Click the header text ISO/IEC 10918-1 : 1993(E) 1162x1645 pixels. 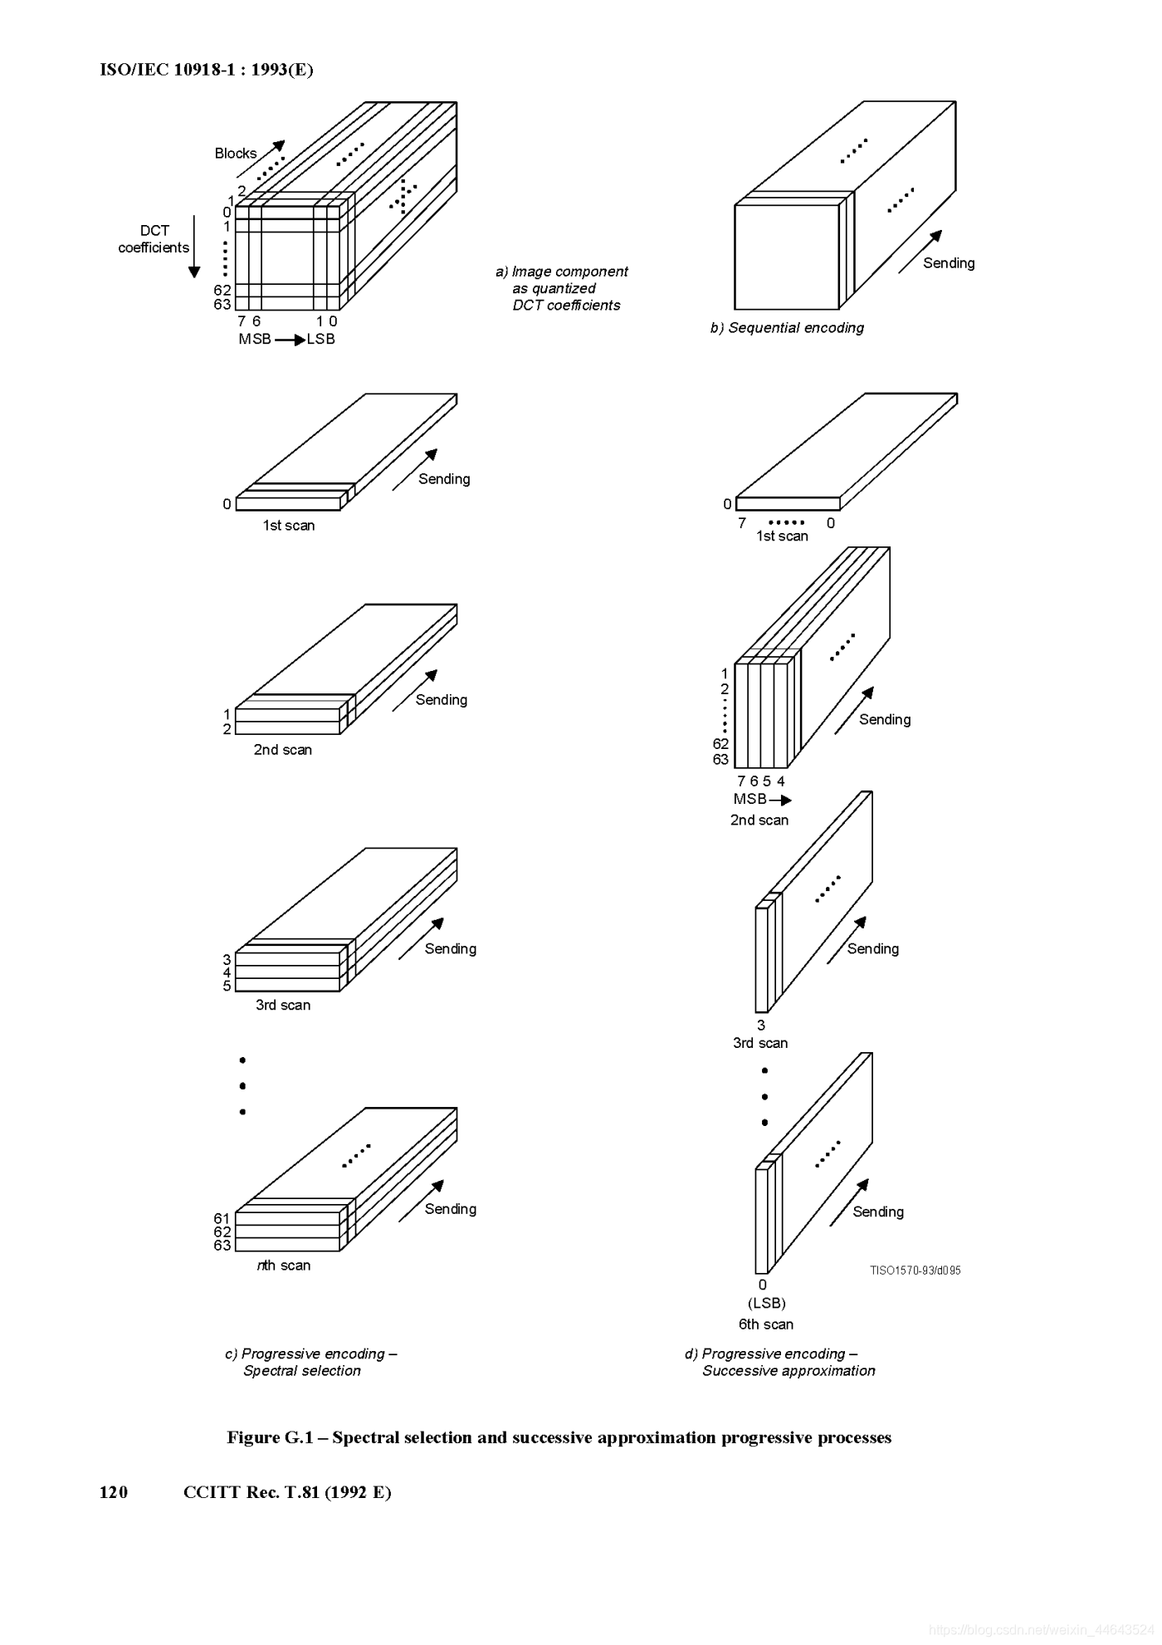point(206,70)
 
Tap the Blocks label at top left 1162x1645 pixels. point(236,154)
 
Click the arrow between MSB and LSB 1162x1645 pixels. point(290,340)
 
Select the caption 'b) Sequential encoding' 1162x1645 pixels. point(787,328)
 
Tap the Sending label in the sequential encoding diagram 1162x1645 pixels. point(949,263)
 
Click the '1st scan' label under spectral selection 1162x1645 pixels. point(289,526)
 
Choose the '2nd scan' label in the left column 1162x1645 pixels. point(283,750)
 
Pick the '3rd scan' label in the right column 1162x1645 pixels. point(760,1043)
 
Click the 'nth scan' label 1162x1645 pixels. point(284,1266)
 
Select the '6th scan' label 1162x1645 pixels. point(766,1324)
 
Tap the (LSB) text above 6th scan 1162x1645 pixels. point(766,1304)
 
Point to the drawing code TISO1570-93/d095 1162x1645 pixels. point(915,1270)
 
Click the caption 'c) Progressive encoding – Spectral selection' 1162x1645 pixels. point(310,1362)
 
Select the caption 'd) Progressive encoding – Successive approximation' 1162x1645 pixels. point(780,1362)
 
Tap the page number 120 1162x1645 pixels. point(114,1492)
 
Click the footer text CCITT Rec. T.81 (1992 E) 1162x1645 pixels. point(287,1492)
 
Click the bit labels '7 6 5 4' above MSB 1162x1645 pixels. point(761,781)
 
